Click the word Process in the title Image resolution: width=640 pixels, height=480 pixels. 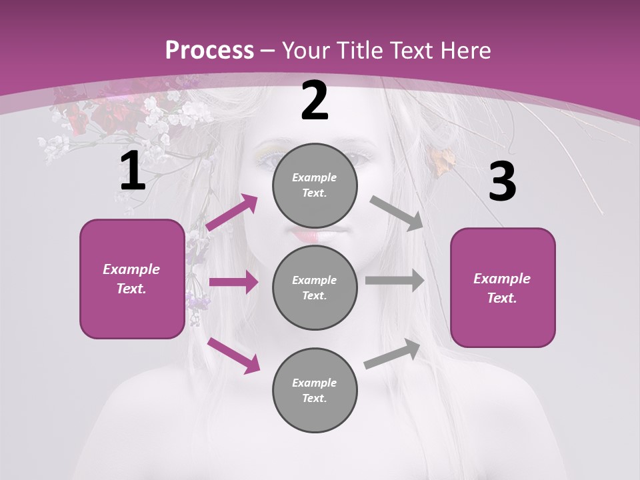tap(209, 51)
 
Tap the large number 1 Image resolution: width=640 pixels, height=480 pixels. tap(133, 171)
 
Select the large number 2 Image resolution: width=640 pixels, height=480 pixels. tap(315, 101)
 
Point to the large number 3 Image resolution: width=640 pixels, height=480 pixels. tap(502, 182)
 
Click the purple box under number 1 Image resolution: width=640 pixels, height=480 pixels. tap(132, 279)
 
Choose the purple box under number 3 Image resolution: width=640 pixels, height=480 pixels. tap(503, 287)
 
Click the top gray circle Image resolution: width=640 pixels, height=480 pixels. tap(315, 185)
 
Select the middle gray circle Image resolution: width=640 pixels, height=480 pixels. tap(315, 287)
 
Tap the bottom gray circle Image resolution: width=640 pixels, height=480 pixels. tap(315, 390)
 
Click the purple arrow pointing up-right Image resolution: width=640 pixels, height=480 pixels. tap(232, 213)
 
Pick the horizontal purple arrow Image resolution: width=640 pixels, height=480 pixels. tap(233, 282)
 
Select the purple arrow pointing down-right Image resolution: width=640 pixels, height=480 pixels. tap(233, 355)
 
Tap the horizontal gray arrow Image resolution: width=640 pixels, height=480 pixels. tap(395, 280)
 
